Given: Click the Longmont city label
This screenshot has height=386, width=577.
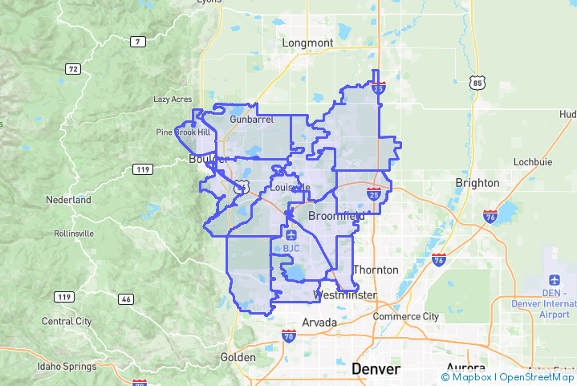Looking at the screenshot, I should [307, 43].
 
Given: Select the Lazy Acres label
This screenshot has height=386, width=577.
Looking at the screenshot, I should [173, 100].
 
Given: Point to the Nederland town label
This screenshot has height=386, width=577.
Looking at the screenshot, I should [68, 199].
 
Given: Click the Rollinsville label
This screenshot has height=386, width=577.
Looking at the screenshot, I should [73, 233].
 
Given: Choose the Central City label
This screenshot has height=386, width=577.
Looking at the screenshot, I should [67, 321].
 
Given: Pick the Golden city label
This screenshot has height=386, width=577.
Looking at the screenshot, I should [238, 357].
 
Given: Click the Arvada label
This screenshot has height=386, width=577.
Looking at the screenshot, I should [319, 322].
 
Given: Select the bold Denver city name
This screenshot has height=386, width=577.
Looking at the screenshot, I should [376, 369].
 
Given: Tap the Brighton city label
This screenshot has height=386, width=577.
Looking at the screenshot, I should [477, 182].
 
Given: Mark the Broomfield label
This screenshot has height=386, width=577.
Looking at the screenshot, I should [336, 216].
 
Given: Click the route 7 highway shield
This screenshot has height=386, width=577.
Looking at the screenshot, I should [138, 41].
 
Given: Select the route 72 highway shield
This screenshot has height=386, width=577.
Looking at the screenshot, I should [73, 69].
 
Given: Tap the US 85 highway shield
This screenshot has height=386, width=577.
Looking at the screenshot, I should [478, 82].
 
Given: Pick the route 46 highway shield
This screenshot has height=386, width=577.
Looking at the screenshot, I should [125, 299].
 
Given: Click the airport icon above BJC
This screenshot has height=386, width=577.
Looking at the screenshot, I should [291, 234].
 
